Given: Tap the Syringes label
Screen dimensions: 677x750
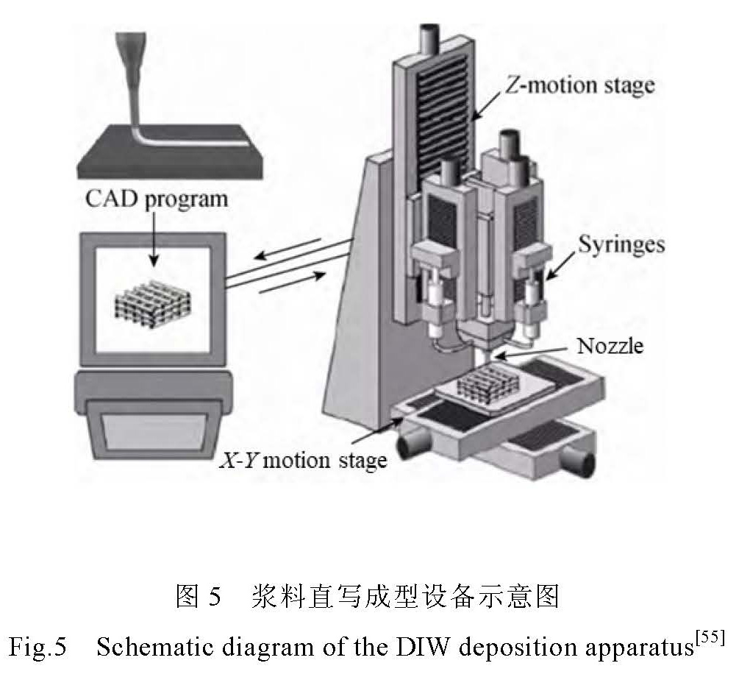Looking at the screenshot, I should (x=621, y=244).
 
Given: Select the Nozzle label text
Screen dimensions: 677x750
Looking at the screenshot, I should (x=610, y=345).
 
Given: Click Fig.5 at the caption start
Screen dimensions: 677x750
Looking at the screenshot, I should (x=38, y=648).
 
